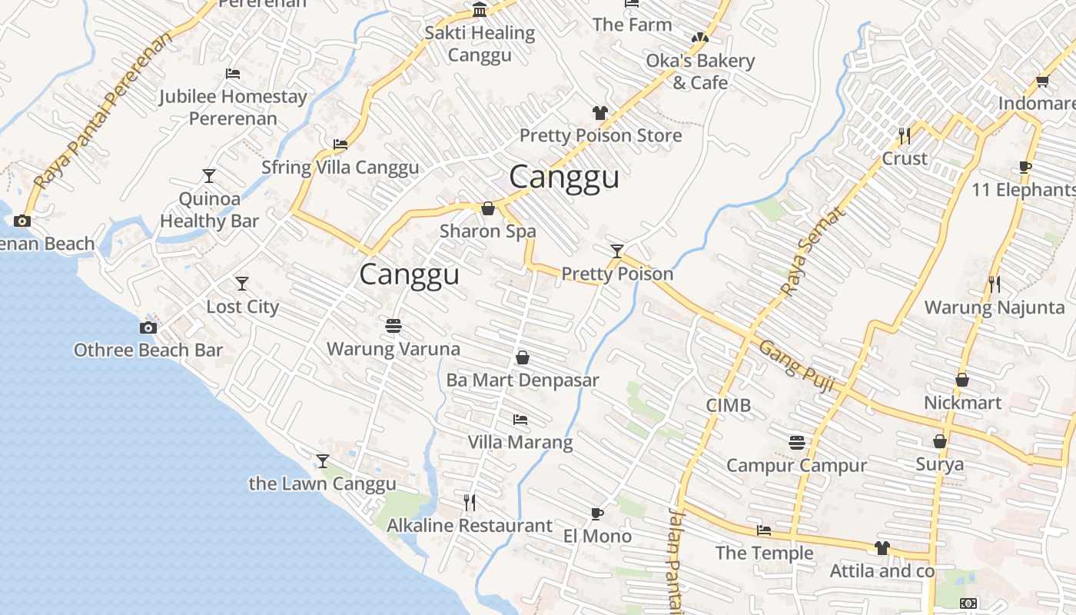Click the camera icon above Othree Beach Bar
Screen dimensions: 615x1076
coord(148,328)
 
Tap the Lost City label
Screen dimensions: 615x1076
coord(242,307)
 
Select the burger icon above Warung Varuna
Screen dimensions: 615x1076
coord(394,326)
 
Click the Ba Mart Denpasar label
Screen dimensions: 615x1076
coord(522,380)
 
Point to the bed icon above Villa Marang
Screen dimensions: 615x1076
coord(520,420)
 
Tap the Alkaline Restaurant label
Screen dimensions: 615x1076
coord(469,526)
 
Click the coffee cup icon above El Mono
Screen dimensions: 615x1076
coord(597,514)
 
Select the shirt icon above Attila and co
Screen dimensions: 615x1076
coord(882,548)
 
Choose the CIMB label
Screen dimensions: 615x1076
coord(728,405)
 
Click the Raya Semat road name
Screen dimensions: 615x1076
coord(812,251)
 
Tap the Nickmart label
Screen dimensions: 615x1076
coord(962,403)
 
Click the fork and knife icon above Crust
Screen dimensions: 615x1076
coord(905,136)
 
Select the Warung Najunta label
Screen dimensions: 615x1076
coord(994,308)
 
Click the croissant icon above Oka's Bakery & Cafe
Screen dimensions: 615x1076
coord(699,37)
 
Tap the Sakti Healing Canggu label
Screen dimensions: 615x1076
coord(480,44)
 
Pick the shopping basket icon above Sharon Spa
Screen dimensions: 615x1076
coord(487,208)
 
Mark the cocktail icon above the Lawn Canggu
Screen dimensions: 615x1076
coord(323,461)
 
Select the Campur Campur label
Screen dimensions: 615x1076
coord(796,465)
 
